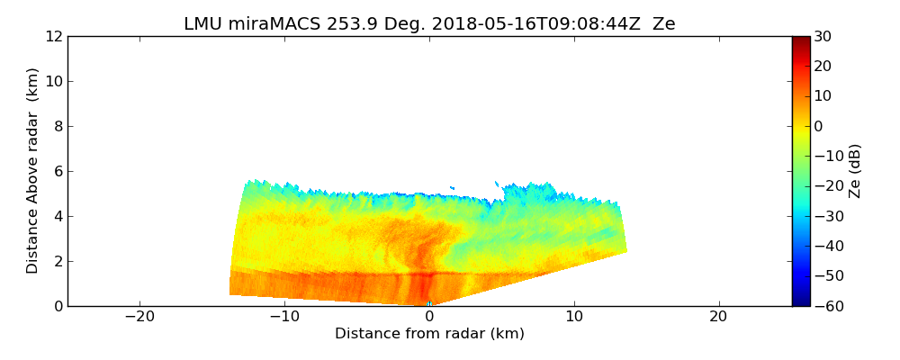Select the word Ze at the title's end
point(663,24)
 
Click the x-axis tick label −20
point(139,317)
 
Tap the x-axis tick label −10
point(284,317)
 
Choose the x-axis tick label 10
point(574,317)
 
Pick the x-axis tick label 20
point(718,317)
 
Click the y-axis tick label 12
point(54,37)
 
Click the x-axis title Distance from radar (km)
point(429,334)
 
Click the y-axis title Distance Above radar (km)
point(33,171)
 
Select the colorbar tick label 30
point(823,37)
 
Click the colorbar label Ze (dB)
point(855,171)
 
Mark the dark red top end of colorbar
point(800,40)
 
